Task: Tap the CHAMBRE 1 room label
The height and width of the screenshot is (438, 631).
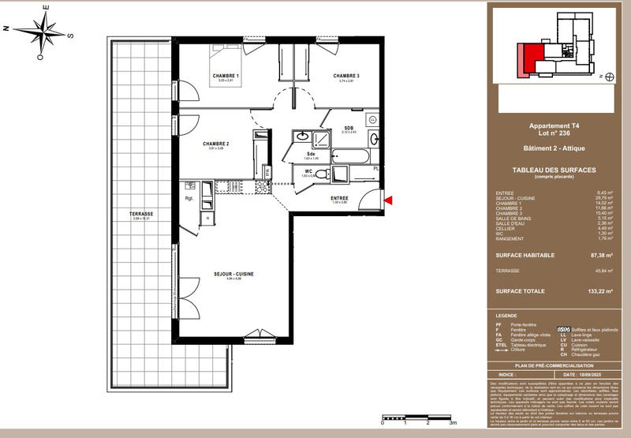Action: [226, 76]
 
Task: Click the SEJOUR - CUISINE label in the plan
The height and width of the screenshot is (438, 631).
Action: [233, 274]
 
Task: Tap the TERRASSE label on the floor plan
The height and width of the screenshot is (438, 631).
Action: [142, 214]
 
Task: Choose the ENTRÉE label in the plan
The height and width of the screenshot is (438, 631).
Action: [339, 198]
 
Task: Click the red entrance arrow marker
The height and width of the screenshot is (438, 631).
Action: [386, 202]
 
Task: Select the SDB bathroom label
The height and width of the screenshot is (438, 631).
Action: [348, 128]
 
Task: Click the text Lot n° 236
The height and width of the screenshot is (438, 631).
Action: [554, 133]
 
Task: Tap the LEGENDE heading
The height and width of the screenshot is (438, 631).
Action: [508, 314]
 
